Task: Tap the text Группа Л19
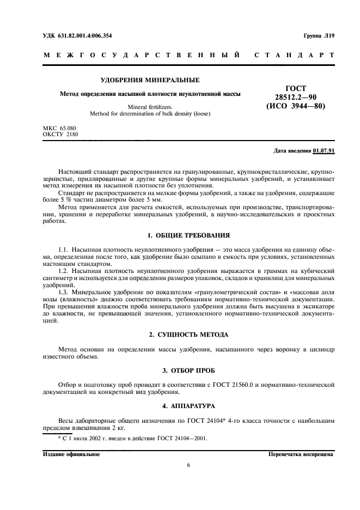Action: pyautogui.click(x=319, y=35)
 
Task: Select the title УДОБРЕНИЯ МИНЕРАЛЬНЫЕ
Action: pyautogui.click(x=150, y=80)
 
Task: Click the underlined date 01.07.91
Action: pyautogui.click(x=324, y=150)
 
